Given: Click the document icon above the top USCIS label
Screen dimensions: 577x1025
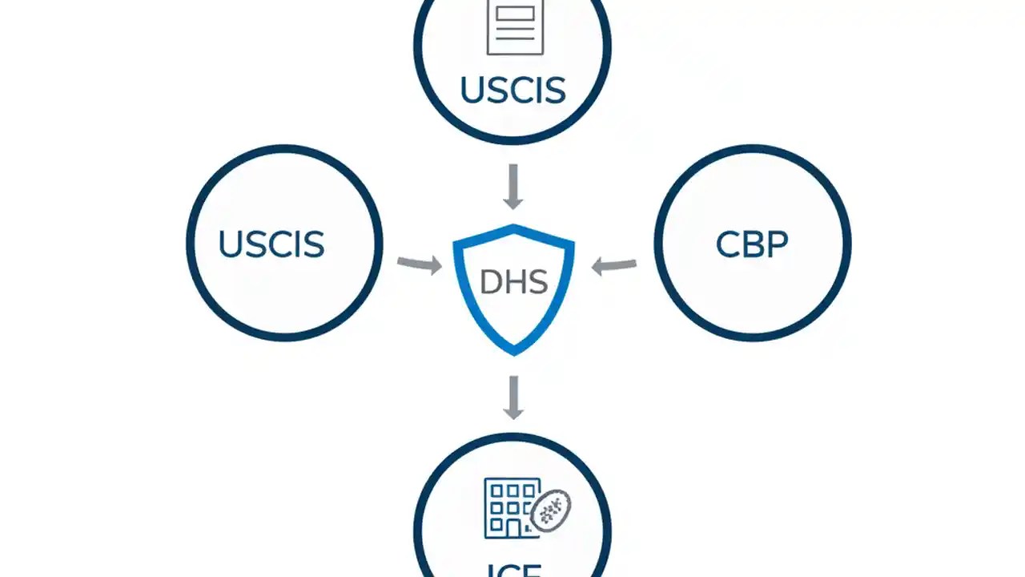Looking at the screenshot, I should point(514,26).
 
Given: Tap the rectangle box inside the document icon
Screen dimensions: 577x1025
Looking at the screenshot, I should point(514,12).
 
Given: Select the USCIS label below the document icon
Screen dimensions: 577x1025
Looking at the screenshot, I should point(513,91).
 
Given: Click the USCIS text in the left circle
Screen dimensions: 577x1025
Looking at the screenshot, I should point(271,244).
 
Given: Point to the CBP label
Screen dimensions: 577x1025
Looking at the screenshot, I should point(751,244).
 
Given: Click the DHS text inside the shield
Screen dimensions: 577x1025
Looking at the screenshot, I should point(513,282).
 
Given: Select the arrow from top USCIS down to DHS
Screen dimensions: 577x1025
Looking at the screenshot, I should point(513,187).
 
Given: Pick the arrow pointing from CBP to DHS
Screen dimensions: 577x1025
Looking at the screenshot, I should point(613,265).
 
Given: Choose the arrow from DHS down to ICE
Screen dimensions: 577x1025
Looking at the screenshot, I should point(513,397).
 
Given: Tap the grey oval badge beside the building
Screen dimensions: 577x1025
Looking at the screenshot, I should point(552,510).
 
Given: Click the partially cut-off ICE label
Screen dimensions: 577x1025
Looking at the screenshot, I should point(513,571).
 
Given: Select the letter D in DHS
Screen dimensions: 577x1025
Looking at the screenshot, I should point(490,282).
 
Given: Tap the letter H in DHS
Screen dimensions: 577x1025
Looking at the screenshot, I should point(514,282).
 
